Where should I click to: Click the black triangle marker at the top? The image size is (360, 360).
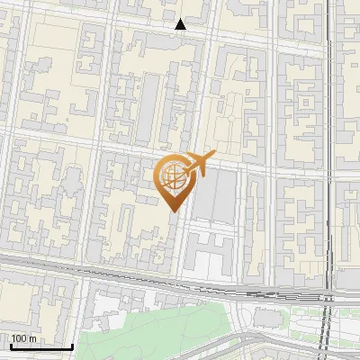pyautogui.click(x=181, y=24)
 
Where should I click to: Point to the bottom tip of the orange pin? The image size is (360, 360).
pyautogui.click(x=174, y=211)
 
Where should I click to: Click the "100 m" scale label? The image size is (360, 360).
pyautogui.click(x=23, y=338)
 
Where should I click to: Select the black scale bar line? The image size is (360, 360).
pyautogui.click(x=41, y=346)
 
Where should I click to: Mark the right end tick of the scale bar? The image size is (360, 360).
pyautogui.click(x=73, y=345)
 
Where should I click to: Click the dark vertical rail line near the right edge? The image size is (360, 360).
pyautogui.click(x=330, y=135)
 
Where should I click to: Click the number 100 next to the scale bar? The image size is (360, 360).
pyautogui.click(x=19, y=338)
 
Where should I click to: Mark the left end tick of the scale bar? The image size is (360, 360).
pyautogui.click(x=10, y=345)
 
